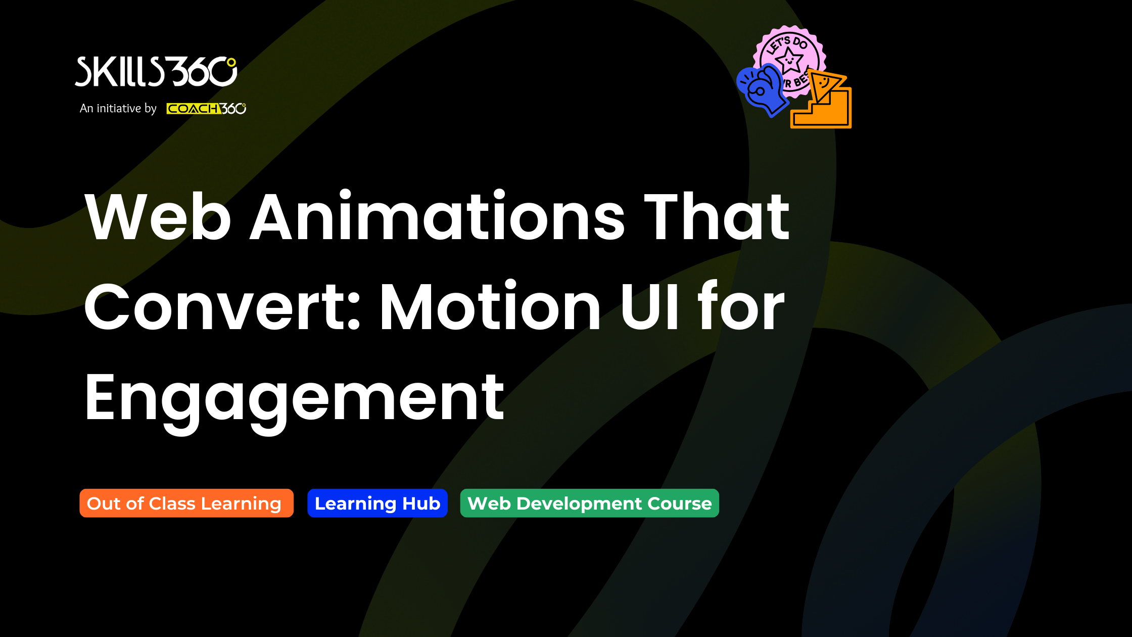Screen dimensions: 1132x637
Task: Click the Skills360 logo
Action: pos(156,72)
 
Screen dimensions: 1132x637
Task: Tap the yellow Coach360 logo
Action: pos(206,109)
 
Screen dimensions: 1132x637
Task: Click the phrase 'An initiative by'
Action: pos(118,108)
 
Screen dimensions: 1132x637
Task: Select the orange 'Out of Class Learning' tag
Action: pos(186,503)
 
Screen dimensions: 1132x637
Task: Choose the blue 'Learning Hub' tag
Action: pos(378,503)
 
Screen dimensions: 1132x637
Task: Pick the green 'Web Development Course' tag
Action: pos(590,503)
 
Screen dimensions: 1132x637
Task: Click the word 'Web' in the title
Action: pos(158,216)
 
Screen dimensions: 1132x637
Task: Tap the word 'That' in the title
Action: pos(717,216)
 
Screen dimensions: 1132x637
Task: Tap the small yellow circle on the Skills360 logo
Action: pos(231,63)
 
